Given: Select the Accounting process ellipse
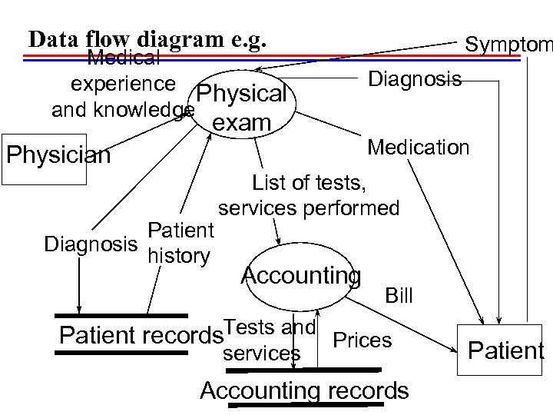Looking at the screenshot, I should tap(300, 275).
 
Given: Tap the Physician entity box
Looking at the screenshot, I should tap(58, 156).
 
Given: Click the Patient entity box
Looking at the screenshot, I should tap(505, 351).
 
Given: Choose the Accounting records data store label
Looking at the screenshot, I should tap(303, 390).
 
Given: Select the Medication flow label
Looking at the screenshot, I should tap(419, 147).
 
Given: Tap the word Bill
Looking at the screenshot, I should tap(399, 295).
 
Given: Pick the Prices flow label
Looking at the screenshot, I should tap(362, 339).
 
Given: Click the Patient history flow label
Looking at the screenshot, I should tap(179, 243).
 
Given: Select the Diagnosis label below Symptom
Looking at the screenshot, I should tap(415, 79).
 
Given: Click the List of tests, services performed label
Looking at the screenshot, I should tap(309, 195).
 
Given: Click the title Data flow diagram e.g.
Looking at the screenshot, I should tap(146, 39).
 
